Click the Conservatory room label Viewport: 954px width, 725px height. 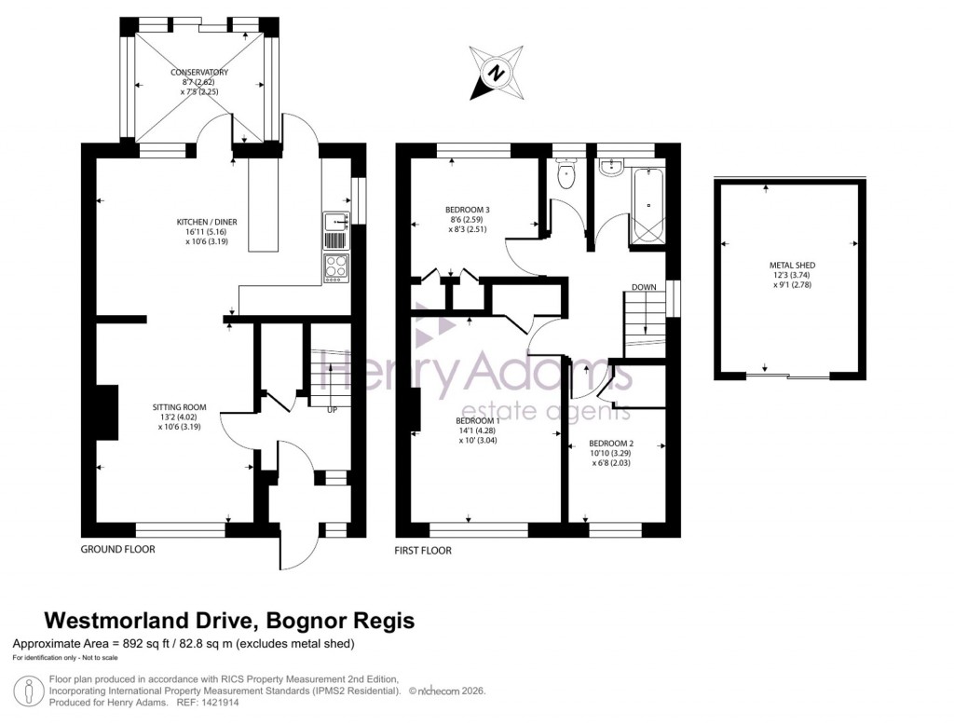[198, 72]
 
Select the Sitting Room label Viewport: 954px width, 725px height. [179, 407]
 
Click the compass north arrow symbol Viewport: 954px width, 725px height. [497, 73]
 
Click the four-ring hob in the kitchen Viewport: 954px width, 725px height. [335, 268]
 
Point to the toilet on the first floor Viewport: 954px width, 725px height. [566, 174]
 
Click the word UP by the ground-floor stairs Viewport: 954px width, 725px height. [332, 409]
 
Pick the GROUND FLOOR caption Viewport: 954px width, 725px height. [117, 550]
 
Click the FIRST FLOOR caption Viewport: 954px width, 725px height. [423, 551]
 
